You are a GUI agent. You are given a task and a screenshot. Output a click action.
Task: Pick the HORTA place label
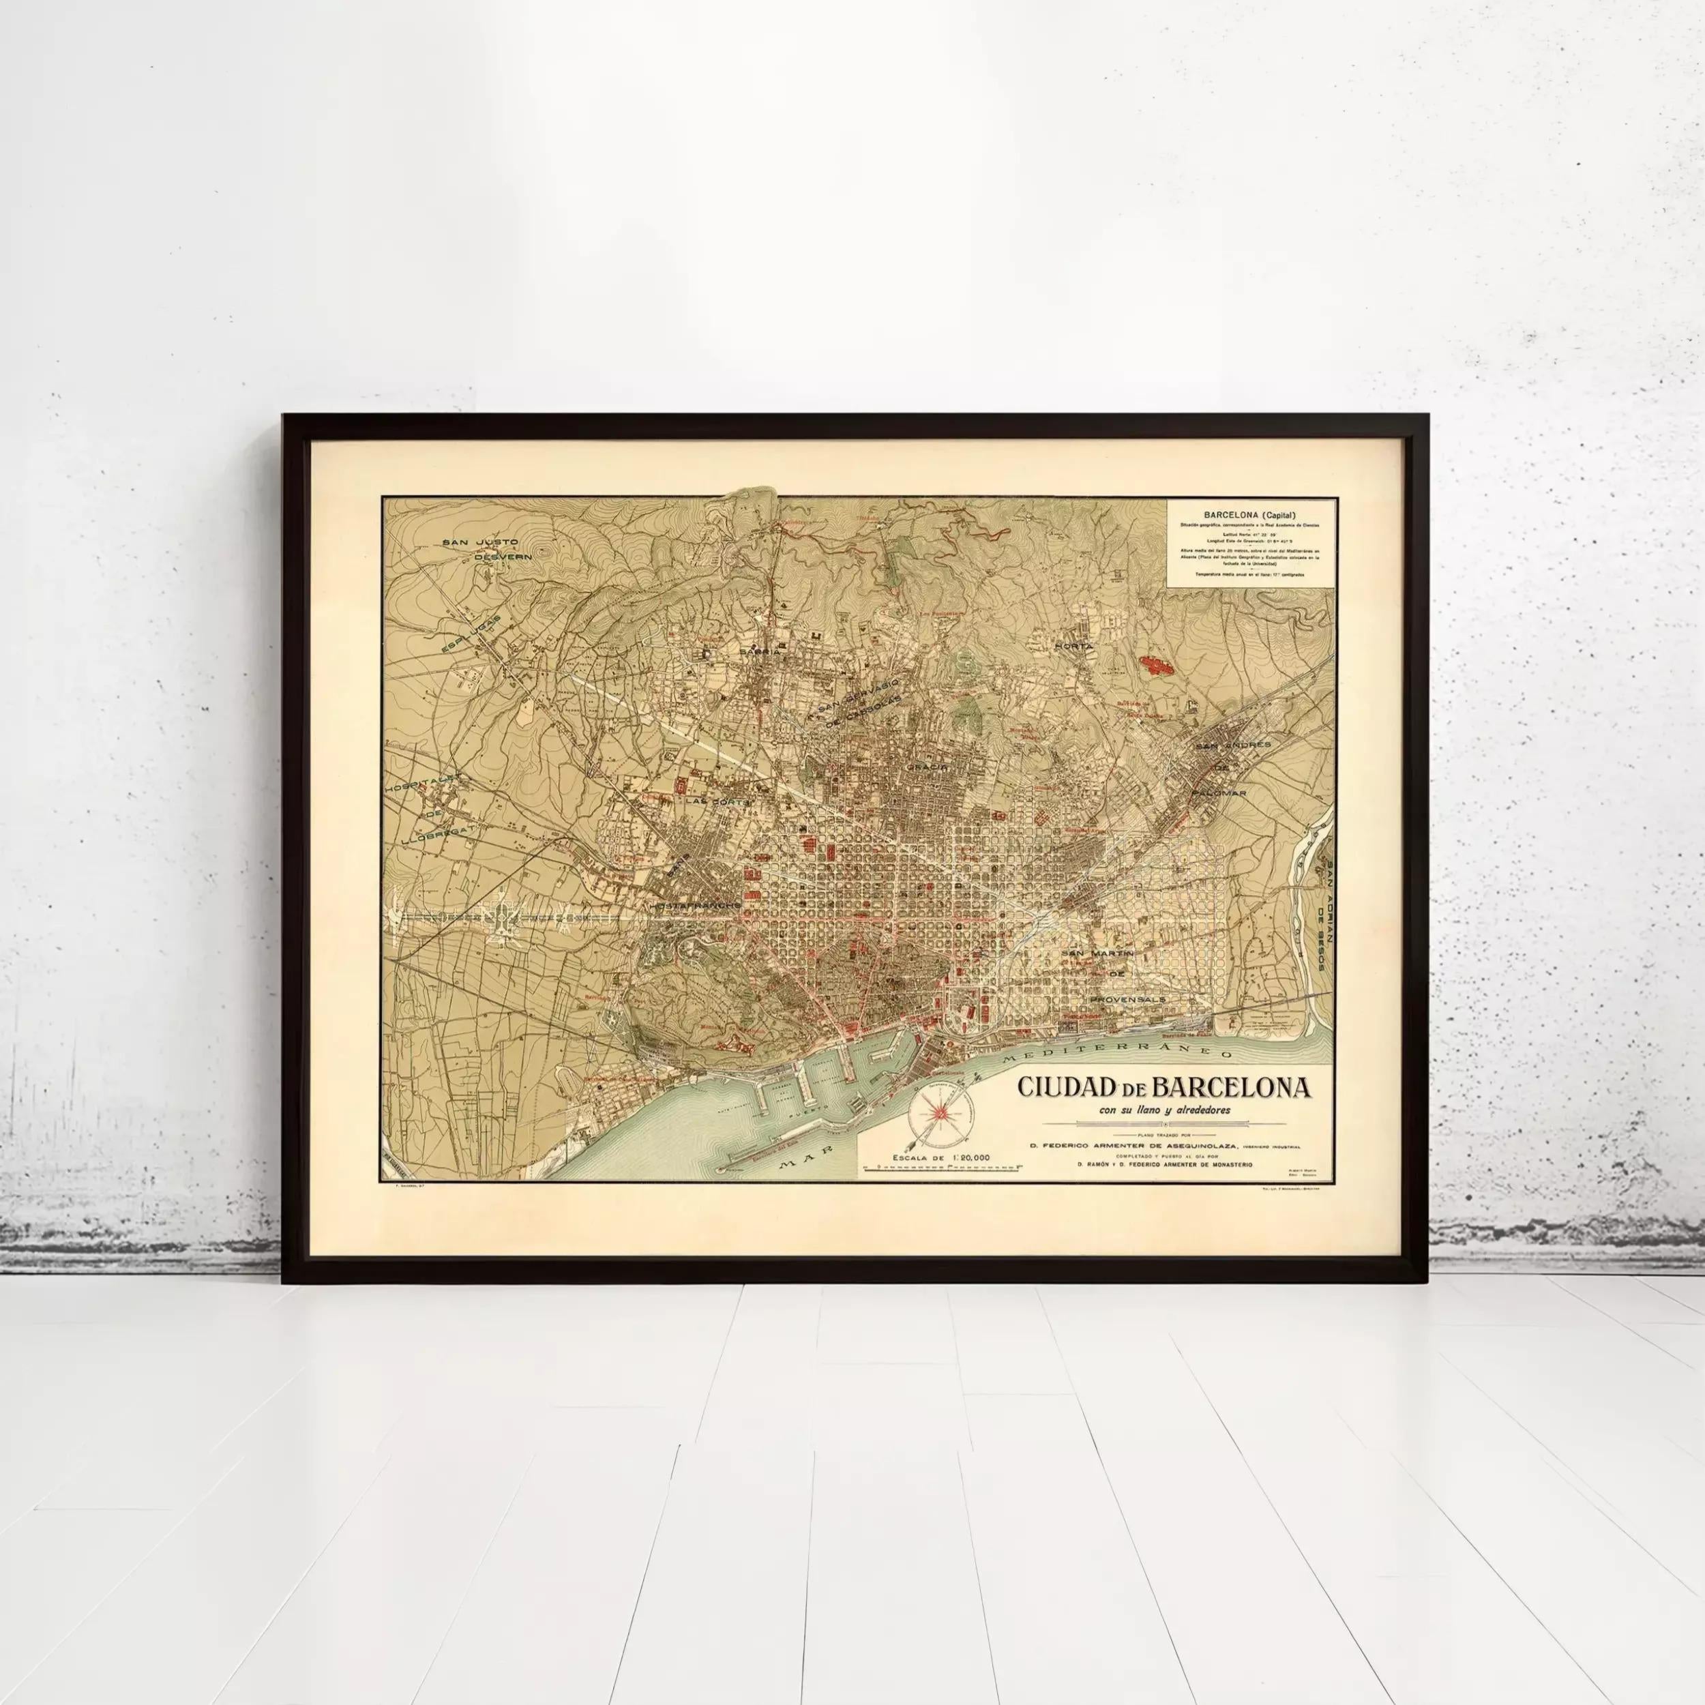[x=1073, y=646]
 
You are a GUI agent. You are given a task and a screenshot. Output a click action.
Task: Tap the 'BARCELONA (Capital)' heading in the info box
[x=1249, y=514]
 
